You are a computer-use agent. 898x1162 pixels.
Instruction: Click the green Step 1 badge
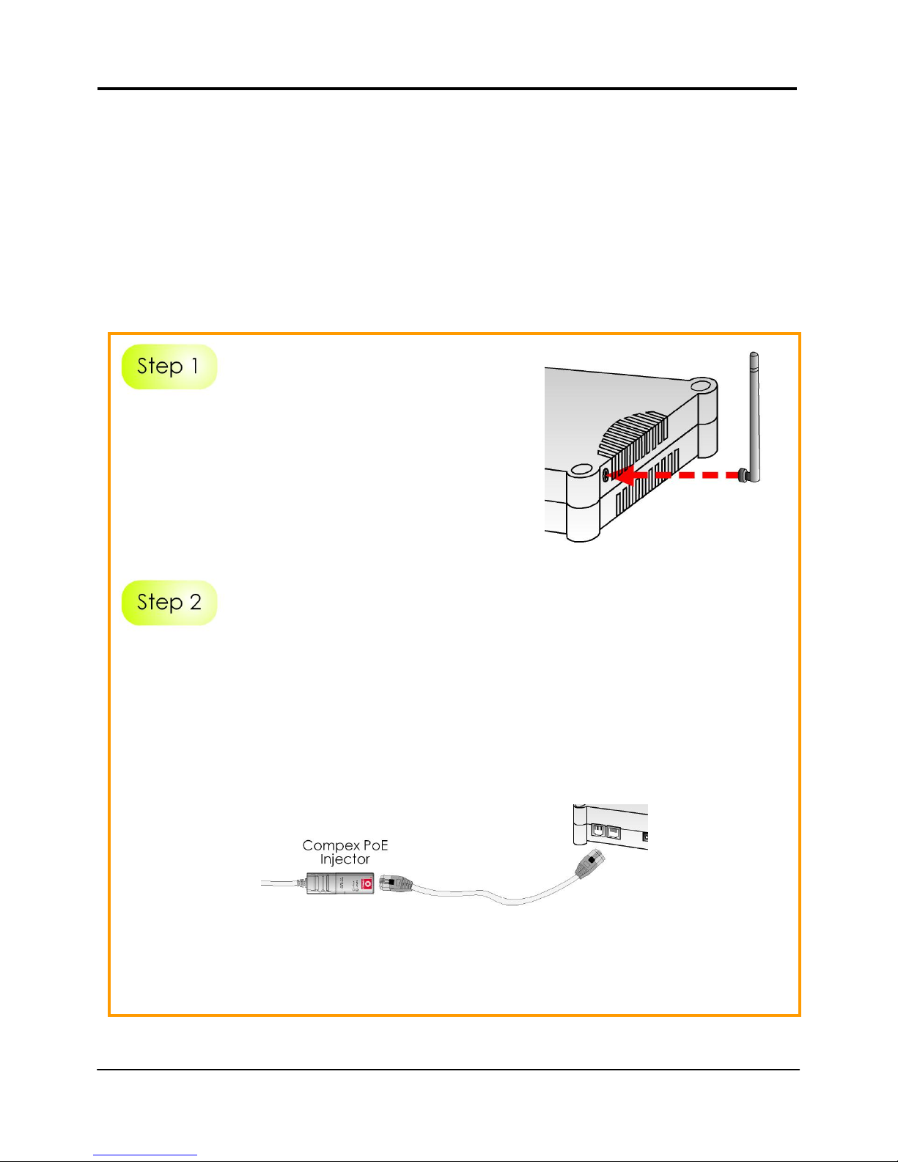coord(169,367)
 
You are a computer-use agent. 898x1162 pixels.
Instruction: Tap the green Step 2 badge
coord(169,603)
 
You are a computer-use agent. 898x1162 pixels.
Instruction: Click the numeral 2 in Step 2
coord(195,603)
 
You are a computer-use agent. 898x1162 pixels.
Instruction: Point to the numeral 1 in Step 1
coord(195,366)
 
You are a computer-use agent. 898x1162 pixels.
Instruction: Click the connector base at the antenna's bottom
coord(743,475)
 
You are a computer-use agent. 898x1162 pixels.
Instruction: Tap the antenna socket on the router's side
coord(606,475)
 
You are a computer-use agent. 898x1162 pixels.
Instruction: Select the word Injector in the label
coord(345,859)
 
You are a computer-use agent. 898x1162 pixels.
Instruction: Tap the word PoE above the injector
coord(376,845)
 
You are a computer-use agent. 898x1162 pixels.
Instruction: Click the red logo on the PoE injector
coord(368,885)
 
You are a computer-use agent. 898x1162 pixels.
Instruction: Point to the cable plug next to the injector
coord(396,885)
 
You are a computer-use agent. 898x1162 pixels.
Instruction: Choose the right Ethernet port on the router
coord(614,832)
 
